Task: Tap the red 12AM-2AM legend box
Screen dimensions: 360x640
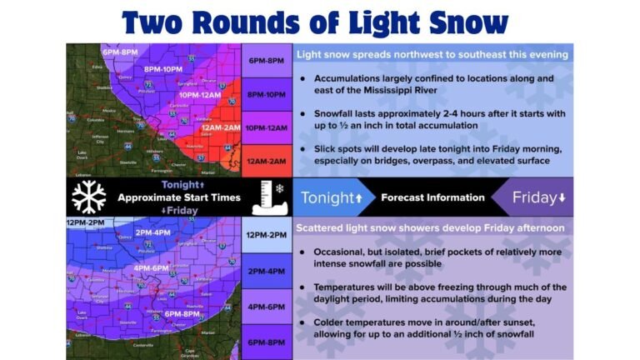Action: click(267, 160)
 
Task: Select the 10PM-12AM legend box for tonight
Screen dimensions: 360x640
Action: click(267, 127)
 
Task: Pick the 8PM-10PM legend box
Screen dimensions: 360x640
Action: click(267, 94)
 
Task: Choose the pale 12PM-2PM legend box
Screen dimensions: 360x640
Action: click(267, 236)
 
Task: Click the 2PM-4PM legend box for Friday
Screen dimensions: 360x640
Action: click(267, 271)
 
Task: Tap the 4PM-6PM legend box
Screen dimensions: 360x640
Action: click(267, 307)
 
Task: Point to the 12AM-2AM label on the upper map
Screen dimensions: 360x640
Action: click(220, 127)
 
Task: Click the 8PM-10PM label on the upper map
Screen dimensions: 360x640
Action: click(163, 68)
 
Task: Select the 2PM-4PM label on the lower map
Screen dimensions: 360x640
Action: click(152, 233)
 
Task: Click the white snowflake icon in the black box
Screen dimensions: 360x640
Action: click(88, 197)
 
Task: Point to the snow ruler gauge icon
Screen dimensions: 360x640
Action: click(267, 197)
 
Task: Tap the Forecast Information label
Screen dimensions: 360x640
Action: click(432, 197)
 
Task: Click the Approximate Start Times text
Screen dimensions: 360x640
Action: click(178, 197)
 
